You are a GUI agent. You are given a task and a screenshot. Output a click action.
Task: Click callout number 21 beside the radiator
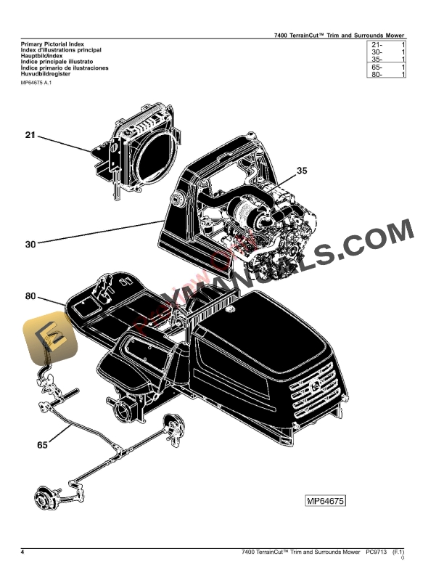(x=30, y=135)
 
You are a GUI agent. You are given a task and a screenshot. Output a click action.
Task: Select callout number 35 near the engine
(x=302, y=172)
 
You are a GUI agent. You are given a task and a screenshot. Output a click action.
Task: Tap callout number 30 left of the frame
(x=30, y=245)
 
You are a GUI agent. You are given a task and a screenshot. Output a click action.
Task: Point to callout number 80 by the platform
(x=30, y=296)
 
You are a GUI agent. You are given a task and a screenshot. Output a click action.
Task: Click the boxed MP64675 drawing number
(x=324, y=501)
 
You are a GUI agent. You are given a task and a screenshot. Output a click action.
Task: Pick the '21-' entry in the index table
(x=377, y=45)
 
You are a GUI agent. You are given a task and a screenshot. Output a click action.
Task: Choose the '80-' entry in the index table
(x=377, y=74)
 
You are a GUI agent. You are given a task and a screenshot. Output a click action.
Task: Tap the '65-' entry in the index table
(x=377, y=67)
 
